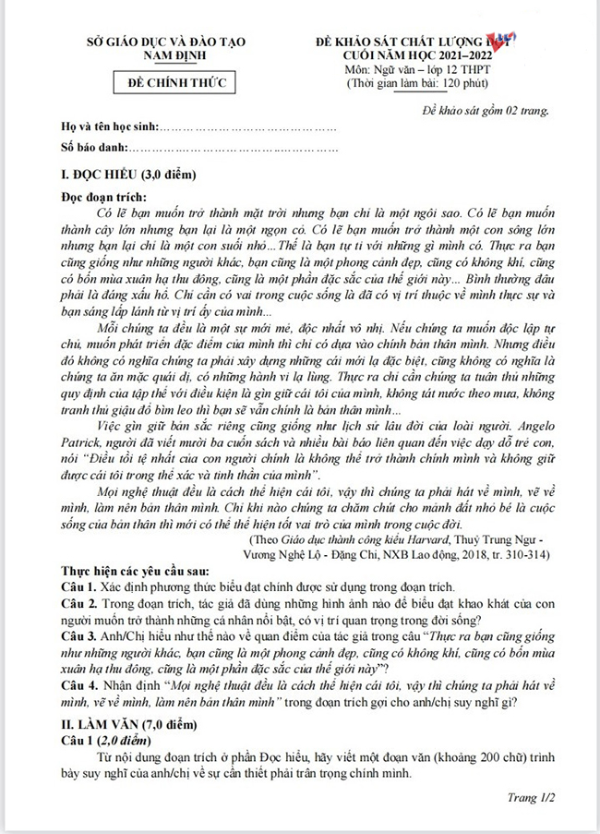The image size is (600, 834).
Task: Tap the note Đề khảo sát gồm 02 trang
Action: [481, 110]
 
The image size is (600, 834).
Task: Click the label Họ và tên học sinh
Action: [111, 127]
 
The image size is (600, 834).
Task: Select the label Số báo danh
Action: [92, 147]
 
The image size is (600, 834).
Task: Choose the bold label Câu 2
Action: [80, 602]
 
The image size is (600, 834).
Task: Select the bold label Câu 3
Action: [80, 636]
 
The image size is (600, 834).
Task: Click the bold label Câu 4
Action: [80, 686]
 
